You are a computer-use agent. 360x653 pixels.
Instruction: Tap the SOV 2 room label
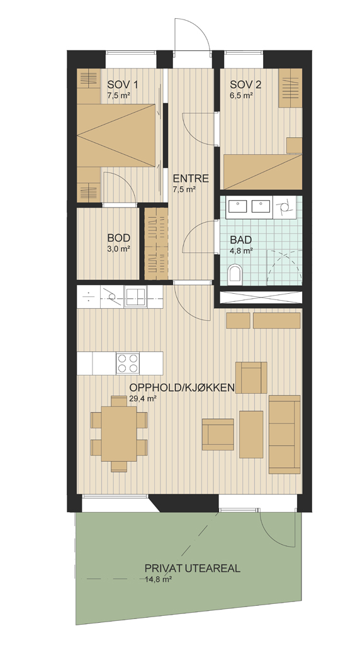(246, 84)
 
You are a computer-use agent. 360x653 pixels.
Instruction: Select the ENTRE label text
(191, 179)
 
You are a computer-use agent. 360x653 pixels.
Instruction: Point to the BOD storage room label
(119, 238)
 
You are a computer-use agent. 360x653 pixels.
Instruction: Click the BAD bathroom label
(241, 240)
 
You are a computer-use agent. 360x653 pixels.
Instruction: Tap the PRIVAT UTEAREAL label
(193, 569)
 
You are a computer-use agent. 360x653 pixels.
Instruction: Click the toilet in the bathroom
(235, 274)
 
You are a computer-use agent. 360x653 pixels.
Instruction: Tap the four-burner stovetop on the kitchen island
(128, 363)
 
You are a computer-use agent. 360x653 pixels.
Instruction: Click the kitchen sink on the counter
(136, 297)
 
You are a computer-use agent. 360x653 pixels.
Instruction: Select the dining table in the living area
(119, 433)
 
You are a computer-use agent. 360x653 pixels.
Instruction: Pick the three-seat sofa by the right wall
(284, 434)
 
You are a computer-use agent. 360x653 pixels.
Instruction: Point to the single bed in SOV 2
(263, 172)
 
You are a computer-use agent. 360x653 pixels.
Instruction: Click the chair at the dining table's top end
(119, 401)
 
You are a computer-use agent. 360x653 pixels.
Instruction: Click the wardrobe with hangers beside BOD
(156, 243)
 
